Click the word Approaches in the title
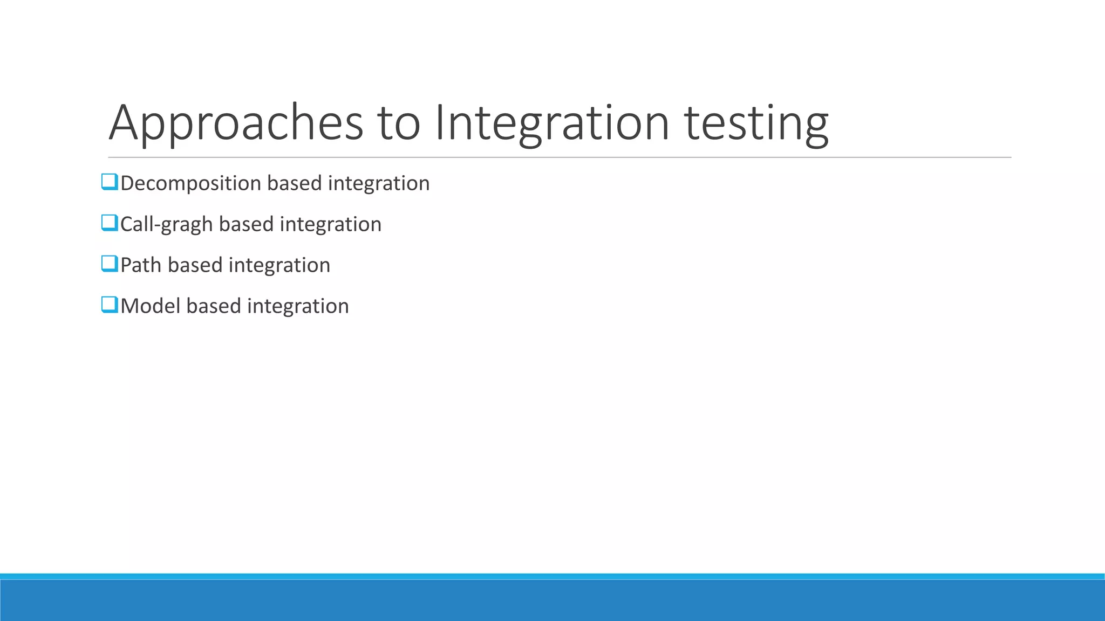(236, 123)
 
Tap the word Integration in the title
(551, 123)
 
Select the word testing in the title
(756, 123)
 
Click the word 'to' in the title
(398, 123)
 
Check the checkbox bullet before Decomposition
(109, 182)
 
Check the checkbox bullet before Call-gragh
(109, 223)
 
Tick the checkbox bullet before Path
(109, 264)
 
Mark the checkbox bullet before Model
(109, 305)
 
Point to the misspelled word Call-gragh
(166, 225)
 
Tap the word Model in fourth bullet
(150, 306)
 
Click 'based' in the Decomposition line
(294, 184)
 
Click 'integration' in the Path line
(279, 265)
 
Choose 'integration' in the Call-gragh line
(330, 225)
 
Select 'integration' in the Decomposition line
(378, 184)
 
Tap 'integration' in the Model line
(298, 306)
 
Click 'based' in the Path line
(195, 265)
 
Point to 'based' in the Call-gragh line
(246, 225)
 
